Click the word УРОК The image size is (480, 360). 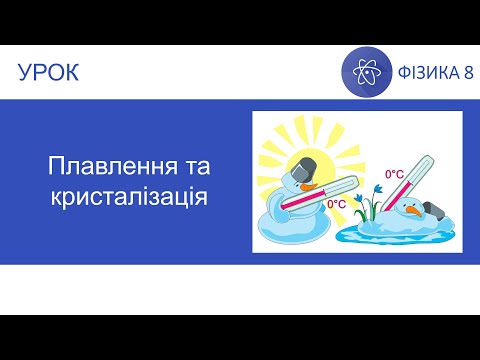tap(49, 72)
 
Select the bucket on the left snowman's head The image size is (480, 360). tap(306, 165)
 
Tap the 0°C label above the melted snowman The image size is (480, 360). tap(394, 174)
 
